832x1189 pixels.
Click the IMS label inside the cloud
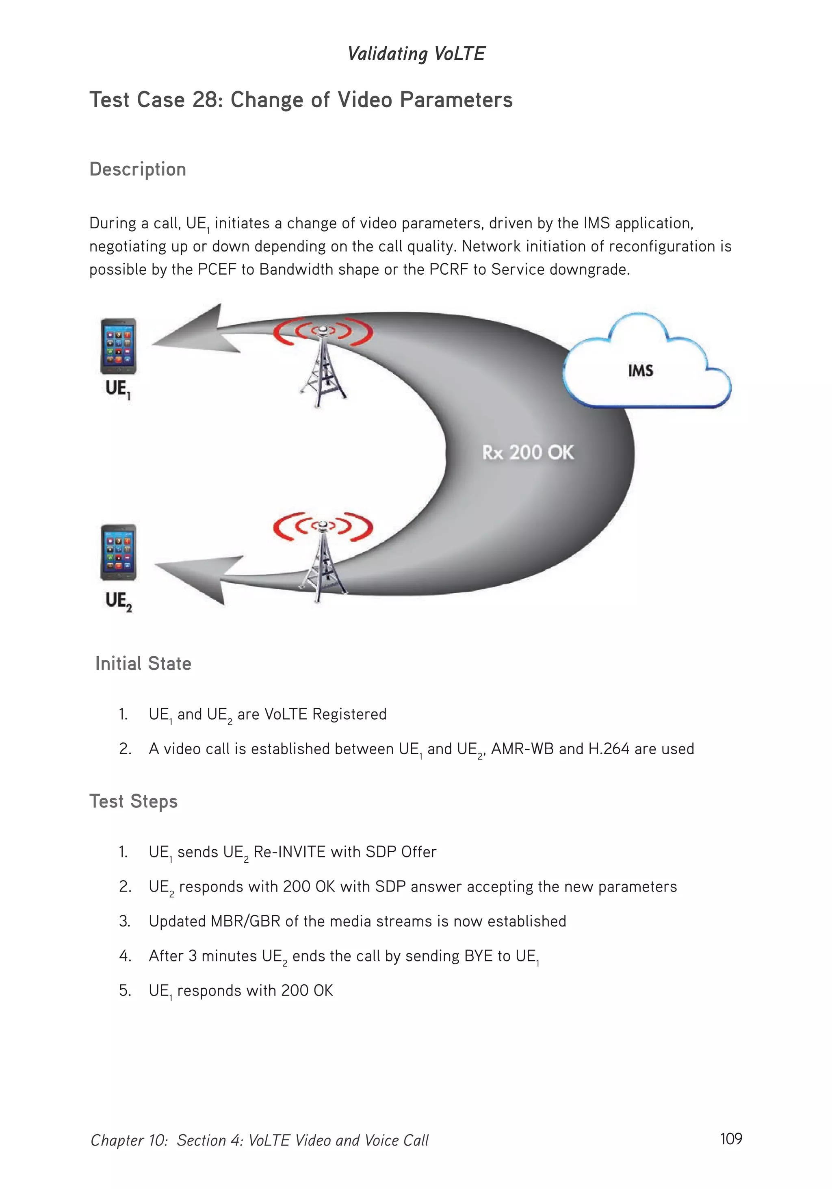(640, 371)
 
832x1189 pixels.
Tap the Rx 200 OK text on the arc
(528, 453)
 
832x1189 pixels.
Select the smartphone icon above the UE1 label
(118, 346)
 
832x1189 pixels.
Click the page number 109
(730, 1138)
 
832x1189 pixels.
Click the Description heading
(138, 169)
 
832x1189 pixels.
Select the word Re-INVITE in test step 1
(289, 852)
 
